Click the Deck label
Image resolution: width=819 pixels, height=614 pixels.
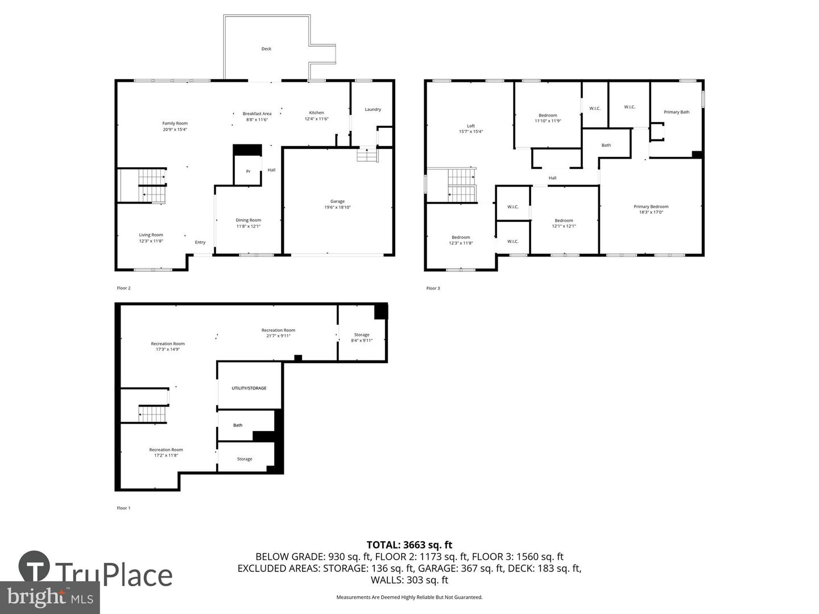click(266, 49)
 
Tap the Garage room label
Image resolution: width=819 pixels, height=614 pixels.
click(337, 201)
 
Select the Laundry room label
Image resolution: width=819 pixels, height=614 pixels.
click(373, 109)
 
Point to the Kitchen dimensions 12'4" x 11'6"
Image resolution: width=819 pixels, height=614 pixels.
click(316, 119)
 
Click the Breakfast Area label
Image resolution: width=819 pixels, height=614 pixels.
click(257, 114)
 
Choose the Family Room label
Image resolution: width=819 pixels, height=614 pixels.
click(175, 123)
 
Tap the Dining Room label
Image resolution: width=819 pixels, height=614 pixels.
click(248, 221)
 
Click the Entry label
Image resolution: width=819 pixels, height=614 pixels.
click(200, 242)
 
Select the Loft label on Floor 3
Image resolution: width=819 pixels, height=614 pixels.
click(470, 126)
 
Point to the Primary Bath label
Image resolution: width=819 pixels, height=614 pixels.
click(676, 112)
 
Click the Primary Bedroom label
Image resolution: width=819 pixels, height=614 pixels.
click(651, 207)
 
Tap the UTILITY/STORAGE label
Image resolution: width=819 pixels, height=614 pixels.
click(249, 388)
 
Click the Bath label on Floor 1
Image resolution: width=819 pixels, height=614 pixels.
click(238, 425)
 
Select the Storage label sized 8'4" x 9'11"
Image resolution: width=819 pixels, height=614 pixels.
click(362, 335)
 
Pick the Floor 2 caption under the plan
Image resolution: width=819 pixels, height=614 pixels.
click(123, 288)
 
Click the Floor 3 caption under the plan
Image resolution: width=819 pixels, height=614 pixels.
click(433, 288)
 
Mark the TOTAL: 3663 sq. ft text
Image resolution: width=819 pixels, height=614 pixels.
click(409, 545)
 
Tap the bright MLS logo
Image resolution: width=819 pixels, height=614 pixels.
click(50, 597)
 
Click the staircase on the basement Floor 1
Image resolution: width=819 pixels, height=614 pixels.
click(153, 414)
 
